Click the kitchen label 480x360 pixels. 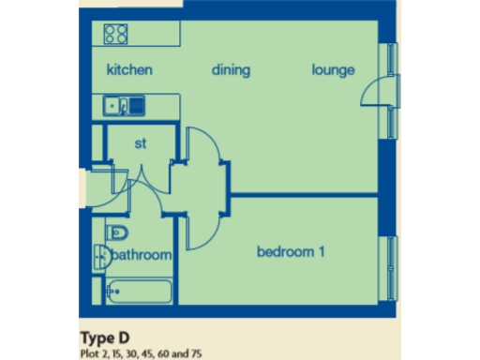pyautogui.click(x=129, y=70)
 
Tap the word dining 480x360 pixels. pyautogui.click(x=232, y=70)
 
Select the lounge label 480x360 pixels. pyautogui.click(x=334, y=70)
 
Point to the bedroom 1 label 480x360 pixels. pyautogui.click(x=291, y=251)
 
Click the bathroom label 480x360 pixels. pyautogui.click(x=142, y=255)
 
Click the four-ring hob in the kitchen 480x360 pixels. pyautogui.click(x=117, y=35)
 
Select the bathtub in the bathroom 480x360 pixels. pyautogui.click(x=139, y=292)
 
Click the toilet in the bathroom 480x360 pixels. pyautogui.click(x=117, y=232)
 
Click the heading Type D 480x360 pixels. pyautogui.click(x=106, y=337)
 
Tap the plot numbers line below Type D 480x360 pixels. pyautogui.click(x=141, y=352)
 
